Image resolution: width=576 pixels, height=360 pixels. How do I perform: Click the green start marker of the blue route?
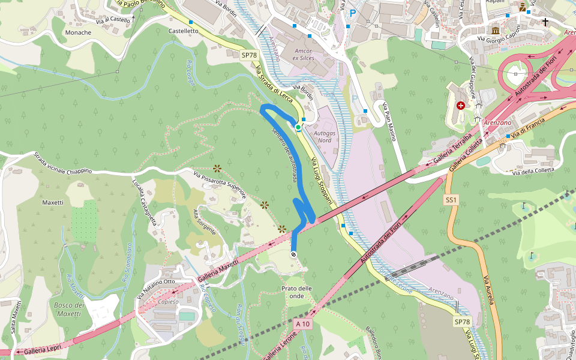tap(298, 127)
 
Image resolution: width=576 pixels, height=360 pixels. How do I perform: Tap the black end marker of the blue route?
tap(293, 254)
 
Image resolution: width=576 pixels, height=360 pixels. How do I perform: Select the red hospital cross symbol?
tap(460, 106)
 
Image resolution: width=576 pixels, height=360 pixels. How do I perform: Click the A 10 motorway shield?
tap(304, 324)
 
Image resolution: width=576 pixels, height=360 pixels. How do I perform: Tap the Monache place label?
tap(78, 32)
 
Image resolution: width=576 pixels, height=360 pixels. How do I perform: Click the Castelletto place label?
tap(184, 31)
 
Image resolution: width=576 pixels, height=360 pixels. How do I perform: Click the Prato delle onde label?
tap(297, 292)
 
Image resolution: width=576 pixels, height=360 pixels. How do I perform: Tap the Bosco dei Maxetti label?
tap(68, 309)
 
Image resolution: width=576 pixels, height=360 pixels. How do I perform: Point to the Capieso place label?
tap(169, 302)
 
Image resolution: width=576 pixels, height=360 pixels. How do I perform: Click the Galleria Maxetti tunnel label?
tap(217, 271)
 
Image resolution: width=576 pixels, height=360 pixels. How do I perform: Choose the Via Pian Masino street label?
tap(390, 122)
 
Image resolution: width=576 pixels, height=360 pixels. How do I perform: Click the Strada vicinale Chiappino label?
tap(63, 163)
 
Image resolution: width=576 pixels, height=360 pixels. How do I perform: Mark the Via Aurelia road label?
tap(489, 290)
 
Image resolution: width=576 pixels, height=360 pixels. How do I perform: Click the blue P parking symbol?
tap(353, 13)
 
